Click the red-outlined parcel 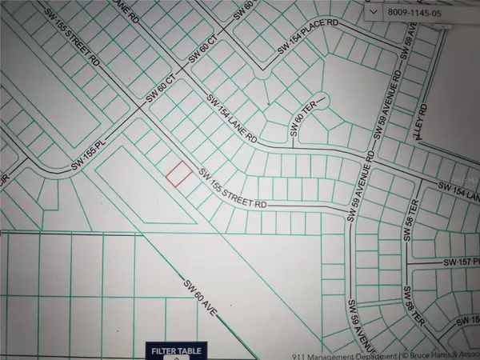pos(178,174)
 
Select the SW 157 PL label pos(460,262)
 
